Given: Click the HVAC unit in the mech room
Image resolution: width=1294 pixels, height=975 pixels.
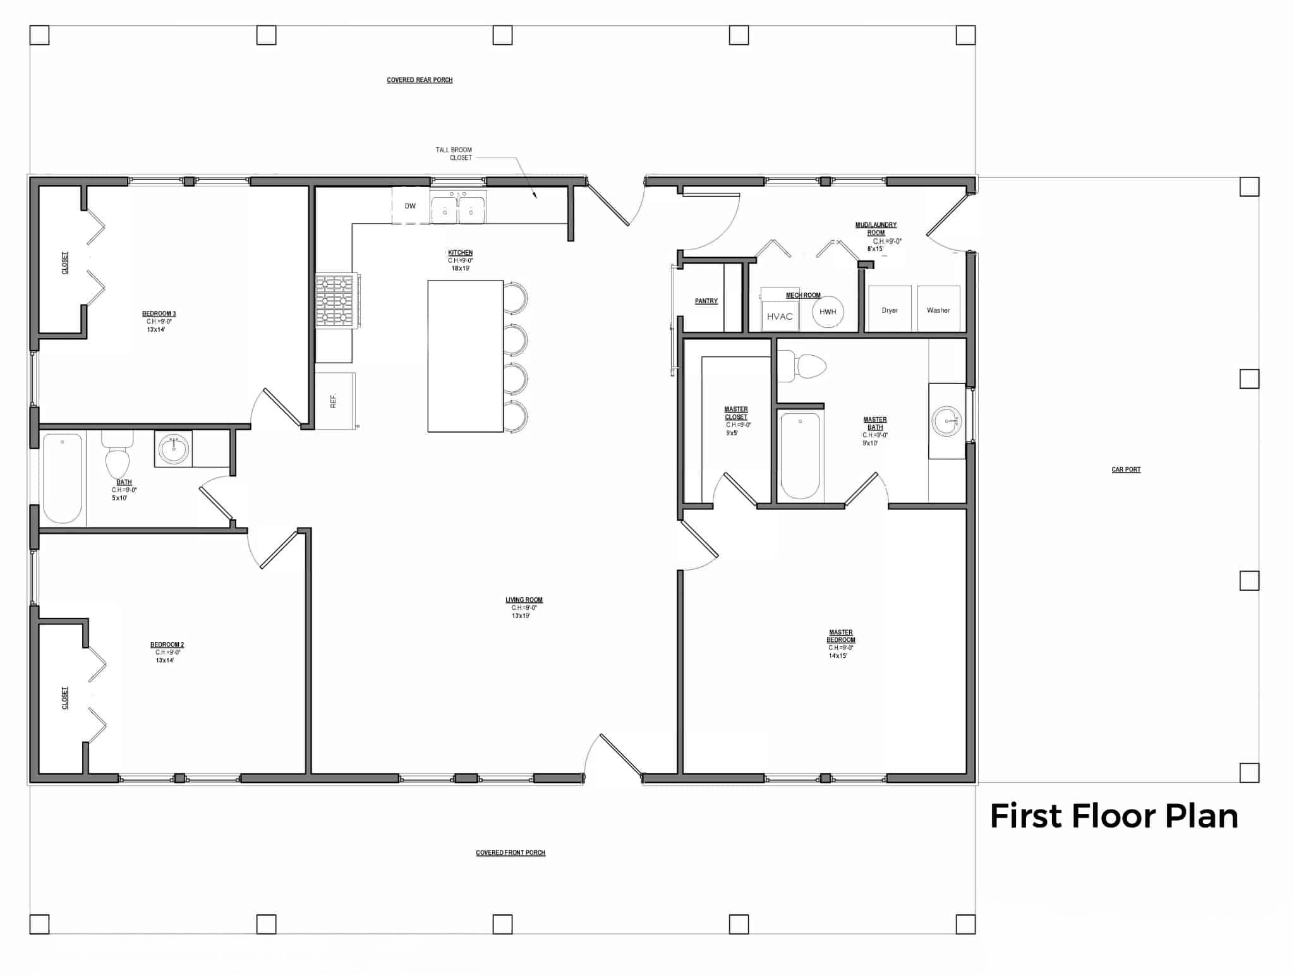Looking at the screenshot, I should click(780, 315).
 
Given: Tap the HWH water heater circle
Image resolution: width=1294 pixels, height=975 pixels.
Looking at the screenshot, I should click(828, 312).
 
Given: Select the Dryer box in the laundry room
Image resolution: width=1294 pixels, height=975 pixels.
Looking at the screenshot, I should click(890, 309).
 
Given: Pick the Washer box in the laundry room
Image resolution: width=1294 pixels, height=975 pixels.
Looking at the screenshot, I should click(938, 309).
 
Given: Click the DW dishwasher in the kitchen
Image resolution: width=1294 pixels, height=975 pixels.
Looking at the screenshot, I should click(411, 205).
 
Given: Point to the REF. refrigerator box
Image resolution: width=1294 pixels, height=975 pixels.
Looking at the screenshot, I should click(334, 401).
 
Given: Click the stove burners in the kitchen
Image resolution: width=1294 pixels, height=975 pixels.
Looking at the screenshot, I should click(335, 300).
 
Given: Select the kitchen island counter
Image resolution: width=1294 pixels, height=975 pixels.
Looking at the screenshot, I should click(465, 356).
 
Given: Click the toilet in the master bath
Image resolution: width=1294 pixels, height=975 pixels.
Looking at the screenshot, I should click(806, 366).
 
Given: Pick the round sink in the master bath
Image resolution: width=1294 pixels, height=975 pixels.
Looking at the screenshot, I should click(946, 421).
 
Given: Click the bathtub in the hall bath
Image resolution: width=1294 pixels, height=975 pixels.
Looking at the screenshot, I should click(62, 478).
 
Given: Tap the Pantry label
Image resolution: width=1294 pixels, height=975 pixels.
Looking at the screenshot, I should click(706, 301).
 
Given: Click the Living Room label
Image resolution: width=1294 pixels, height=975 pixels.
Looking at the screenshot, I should click(524, 600).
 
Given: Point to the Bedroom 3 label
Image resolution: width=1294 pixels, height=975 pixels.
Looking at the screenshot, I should click(159, 314).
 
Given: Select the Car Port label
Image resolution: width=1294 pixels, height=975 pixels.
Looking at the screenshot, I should click(1126, 469).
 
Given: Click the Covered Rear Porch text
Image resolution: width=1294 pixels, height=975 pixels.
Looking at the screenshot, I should click(420, 80).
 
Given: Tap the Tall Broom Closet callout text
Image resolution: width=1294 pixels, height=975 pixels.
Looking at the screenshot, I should click(454, 154).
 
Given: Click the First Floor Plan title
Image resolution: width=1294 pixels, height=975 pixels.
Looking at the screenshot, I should click(1113, 816).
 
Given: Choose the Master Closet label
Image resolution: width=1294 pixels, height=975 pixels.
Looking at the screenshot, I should click(736, 413).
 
